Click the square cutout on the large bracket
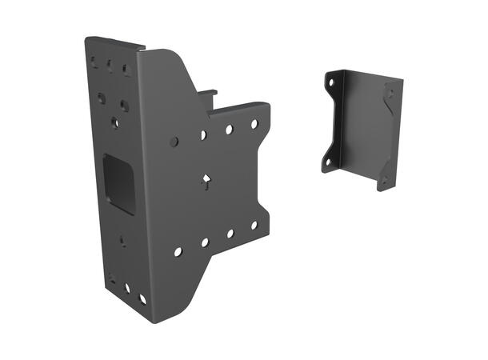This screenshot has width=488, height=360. tap(120, 183)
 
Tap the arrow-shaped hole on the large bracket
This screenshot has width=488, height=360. tap(206, 181)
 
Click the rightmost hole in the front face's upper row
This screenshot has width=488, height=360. tap(254, 124)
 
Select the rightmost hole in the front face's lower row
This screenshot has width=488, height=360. tap(254, 225)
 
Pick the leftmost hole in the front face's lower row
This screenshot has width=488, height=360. tap(178, 251)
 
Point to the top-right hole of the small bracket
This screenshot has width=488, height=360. tap(390, 93)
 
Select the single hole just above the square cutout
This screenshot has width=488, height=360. tap(114, 122)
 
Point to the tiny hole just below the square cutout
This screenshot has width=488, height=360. tap(122, 238)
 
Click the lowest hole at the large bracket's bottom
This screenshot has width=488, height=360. tap(142, 299)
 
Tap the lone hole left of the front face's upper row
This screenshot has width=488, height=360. tap(174, 142)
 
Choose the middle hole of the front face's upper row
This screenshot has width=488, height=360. tap(229, 129)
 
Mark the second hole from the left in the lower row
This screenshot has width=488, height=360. tap(205, 242)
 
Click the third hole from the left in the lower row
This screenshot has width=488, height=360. tap(230, 234)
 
